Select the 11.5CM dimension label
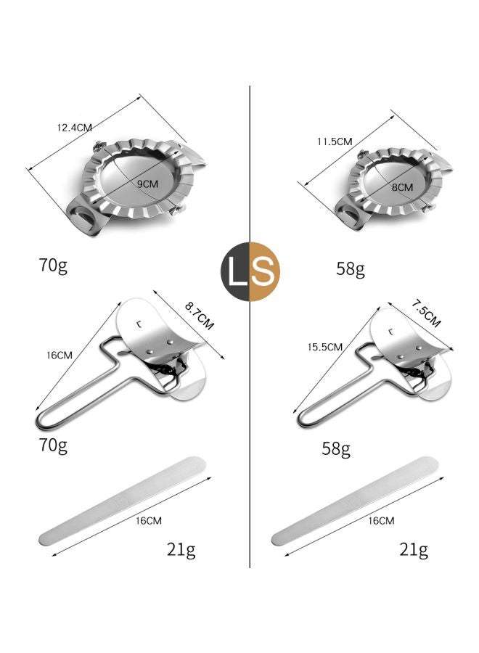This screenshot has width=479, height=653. [334, 141]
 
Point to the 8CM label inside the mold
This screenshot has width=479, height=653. [401, 187]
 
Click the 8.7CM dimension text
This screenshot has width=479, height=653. [199, 316]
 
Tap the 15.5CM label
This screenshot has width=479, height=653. [324, 348]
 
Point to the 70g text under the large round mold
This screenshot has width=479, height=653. [54, 265]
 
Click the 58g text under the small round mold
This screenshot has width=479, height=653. [350, 268]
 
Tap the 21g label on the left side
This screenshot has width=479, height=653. [181, 549]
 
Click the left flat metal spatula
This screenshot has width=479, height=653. [123, 501]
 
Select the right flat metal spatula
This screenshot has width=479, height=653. [356, 501]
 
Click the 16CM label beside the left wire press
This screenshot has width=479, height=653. [60, 356]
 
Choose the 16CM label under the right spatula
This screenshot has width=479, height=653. [381, 520]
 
